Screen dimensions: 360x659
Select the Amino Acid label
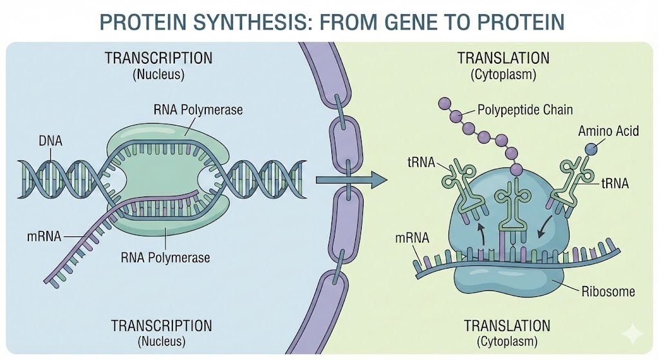tap(608, 131)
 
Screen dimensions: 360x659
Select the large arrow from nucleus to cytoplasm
tap(351, 180)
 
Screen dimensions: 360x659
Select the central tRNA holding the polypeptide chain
tap(513, 203)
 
